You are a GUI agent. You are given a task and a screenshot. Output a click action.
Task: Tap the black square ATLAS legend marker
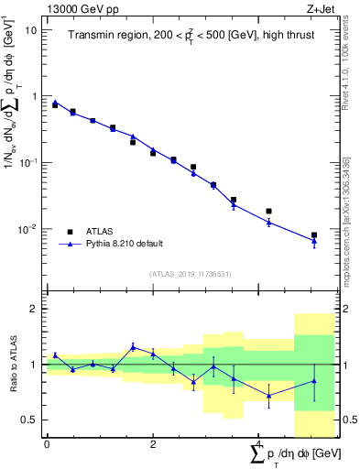tap(71, 231)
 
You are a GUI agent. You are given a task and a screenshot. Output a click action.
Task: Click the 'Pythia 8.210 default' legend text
tap(124, 244)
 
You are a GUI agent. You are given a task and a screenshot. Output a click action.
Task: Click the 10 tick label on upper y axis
tap(31, 29)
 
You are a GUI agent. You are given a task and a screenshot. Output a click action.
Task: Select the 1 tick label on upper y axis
tap(34, 96)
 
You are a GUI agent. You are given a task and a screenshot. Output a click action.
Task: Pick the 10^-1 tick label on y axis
tap(28, 162)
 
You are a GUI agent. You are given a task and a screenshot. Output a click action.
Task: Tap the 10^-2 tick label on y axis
tap(28, 229)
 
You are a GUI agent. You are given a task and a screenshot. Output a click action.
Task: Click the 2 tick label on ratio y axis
tap(34, 309)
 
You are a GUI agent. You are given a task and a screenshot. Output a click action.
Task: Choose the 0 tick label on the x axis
tap(47, 444)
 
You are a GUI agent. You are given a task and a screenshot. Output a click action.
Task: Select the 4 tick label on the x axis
tap(258, 444)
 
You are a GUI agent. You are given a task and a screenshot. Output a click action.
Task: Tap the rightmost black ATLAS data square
tap(314, 235)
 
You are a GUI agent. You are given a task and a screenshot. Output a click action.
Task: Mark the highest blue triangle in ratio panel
tap(133, 346)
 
